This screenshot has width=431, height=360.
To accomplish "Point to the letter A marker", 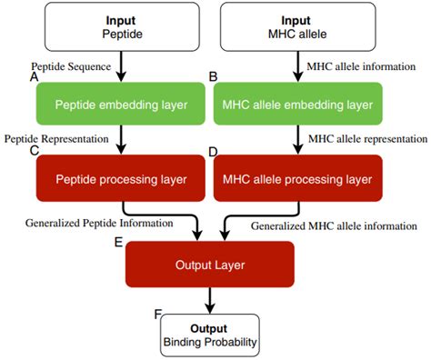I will [34, 78].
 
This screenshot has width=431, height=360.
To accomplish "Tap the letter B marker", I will [213, 78].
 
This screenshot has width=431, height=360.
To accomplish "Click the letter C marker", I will [34, 151].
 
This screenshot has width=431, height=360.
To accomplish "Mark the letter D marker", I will [213, 151].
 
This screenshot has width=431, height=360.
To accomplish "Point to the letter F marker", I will [157, 314].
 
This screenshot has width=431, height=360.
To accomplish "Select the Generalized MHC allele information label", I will [334, 225].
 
